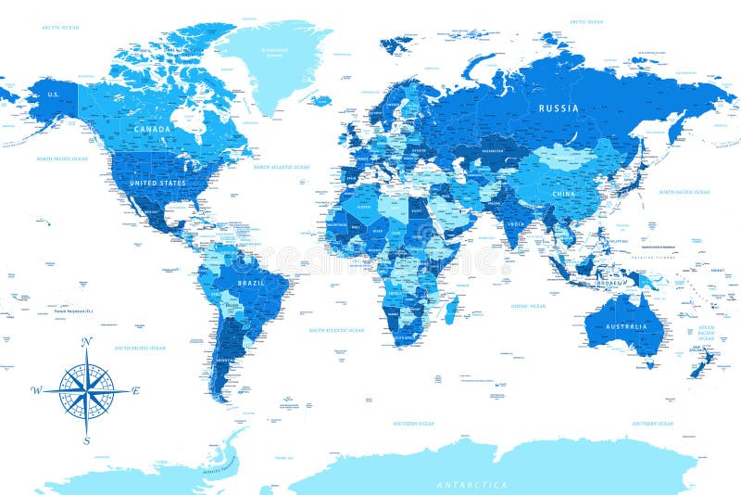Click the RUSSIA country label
click(x=559, y=108)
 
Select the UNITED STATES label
click(x=157, y=184)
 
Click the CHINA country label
click(x=563, y=194)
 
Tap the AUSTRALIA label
click(x=626, y=327)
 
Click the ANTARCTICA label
click(x=472, y=485)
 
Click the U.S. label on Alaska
click(x=54, y=95)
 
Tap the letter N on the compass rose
click(x=86, y=342)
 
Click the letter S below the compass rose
click(x=86, y=441)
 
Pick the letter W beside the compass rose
click(x=35, y=390)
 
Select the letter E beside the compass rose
click(x=136, y=390)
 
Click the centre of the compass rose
click(x=86, y=391)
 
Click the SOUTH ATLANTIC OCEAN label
click(x=337, y=330)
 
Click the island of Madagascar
click(x=450, y=311)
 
